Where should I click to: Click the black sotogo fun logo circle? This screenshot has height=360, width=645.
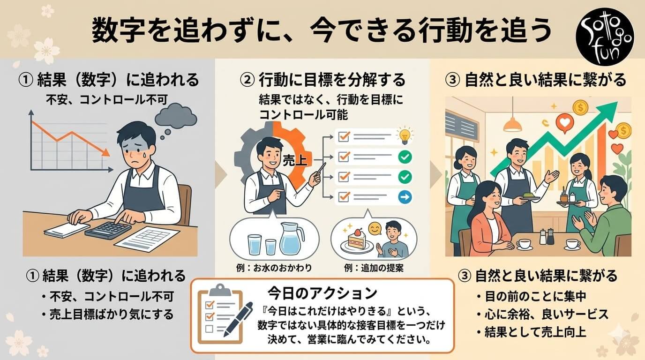point(605,37)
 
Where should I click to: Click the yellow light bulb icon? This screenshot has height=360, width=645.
point(405,135)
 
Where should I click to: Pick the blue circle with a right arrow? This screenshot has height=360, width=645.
point(405,197)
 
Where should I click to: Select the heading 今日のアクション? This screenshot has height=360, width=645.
point(322,293)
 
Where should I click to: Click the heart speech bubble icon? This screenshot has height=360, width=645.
point(564,123)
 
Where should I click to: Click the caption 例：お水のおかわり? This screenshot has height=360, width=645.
point(274,268)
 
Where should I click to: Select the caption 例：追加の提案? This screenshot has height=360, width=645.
point(374,268)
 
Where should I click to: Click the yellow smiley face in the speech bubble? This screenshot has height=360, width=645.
point(375,229)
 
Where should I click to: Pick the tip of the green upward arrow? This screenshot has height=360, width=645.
point(618,102)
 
